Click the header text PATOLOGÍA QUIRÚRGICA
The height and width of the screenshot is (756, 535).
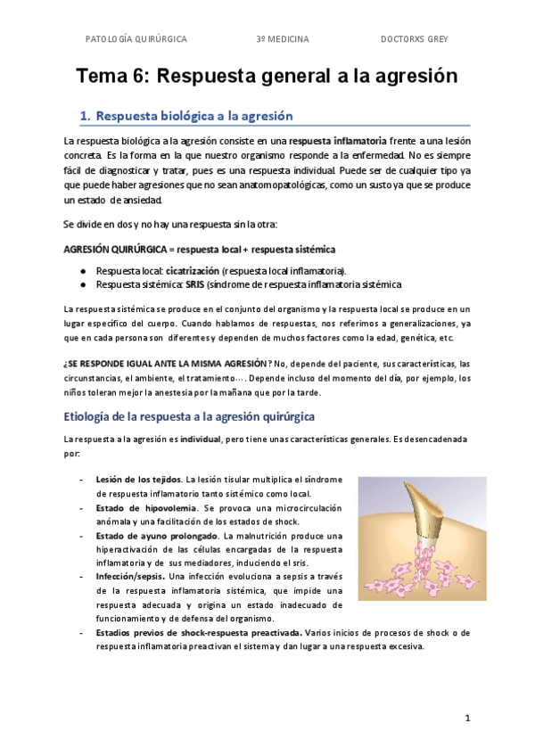point(136,39)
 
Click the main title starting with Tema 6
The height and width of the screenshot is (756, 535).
point(267,76)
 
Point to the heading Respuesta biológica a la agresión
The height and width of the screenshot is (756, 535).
point(193,116)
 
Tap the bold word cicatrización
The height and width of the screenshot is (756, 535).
point(193,270)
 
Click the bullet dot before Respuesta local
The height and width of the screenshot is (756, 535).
point(82,270)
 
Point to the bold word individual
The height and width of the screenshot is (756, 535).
point(201,440)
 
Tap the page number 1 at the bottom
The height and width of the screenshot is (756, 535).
point(466,718)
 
